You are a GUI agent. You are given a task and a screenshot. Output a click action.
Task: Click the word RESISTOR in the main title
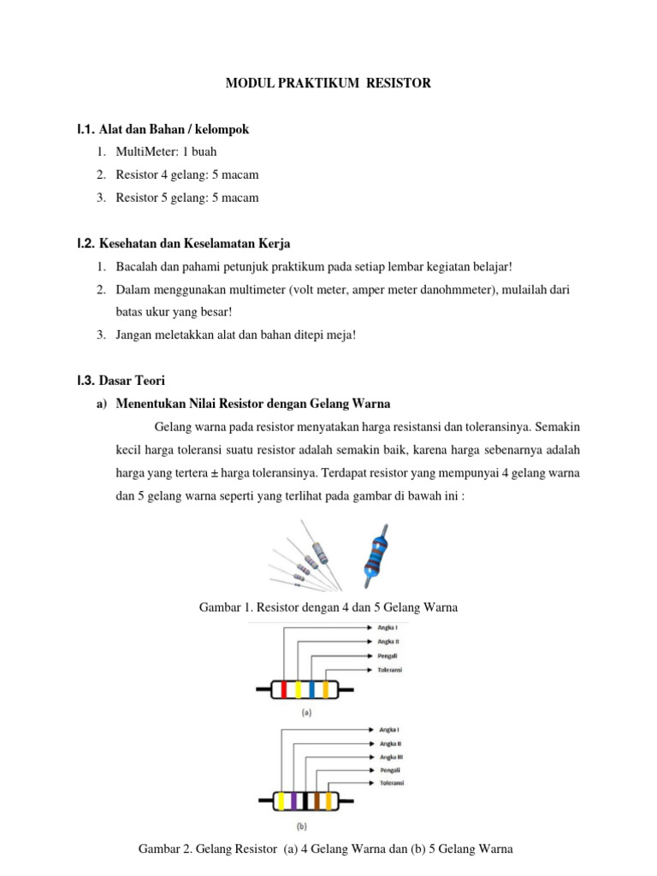[398, 83]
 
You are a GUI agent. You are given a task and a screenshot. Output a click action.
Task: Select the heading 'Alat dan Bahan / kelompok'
[174, 129]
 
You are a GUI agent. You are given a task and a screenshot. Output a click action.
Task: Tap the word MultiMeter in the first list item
[145, 152]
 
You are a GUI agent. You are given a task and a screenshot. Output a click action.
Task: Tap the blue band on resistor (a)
[311, 689]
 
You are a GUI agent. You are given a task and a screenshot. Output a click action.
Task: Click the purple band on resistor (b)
[293, 802]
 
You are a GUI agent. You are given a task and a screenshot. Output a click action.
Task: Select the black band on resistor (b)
[305, 802]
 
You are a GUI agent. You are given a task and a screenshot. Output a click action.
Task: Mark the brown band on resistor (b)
[316, 802]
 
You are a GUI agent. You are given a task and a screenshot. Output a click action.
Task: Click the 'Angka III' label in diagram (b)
[391, 757]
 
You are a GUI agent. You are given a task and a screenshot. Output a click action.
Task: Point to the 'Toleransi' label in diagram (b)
[391, 783]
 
